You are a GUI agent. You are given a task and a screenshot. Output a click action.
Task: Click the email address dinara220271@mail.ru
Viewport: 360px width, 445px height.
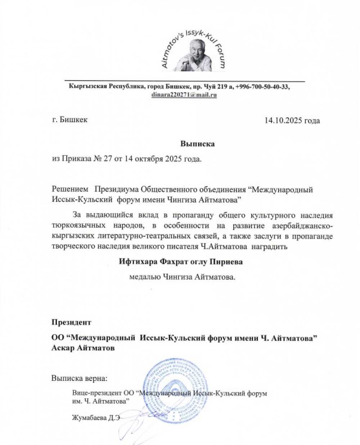[184, 95]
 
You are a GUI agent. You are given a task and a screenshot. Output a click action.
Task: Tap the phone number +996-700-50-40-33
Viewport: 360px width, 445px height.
[262, 87]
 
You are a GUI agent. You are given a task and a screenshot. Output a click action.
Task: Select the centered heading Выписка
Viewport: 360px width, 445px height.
[197, 144]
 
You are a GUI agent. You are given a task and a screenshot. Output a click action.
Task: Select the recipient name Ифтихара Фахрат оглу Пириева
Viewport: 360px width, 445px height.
[181, 262]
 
